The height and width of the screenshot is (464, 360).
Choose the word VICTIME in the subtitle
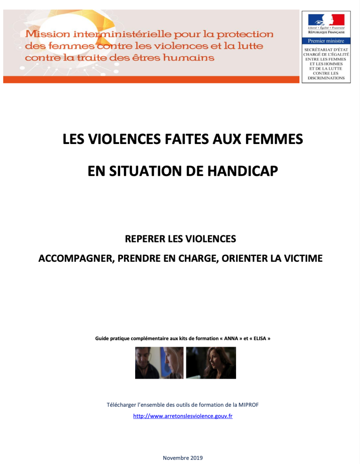tap(304, 258)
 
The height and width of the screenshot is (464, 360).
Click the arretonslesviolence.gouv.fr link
tap(183, 416)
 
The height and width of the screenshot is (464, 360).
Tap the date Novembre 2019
tap(183, 457)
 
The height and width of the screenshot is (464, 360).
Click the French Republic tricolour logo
tap(326, 20)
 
